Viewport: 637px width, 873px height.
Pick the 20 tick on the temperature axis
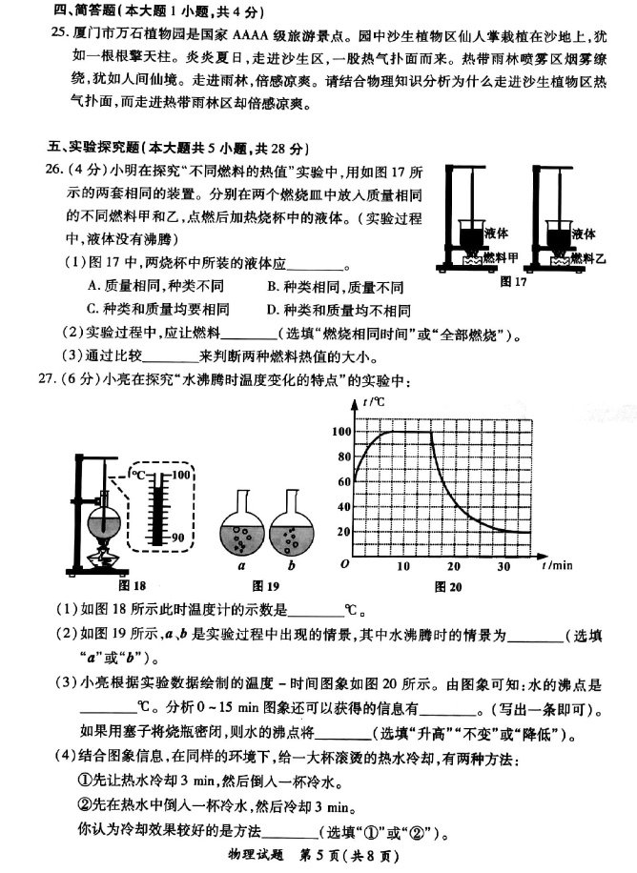coord(344,531)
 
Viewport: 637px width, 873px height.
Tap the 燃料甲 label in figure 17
coord(500,257)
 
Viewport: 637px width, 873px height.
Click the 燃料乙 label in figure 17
coord(589,257)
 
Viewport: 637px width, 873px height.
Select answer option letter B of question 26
coord(273,287)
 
